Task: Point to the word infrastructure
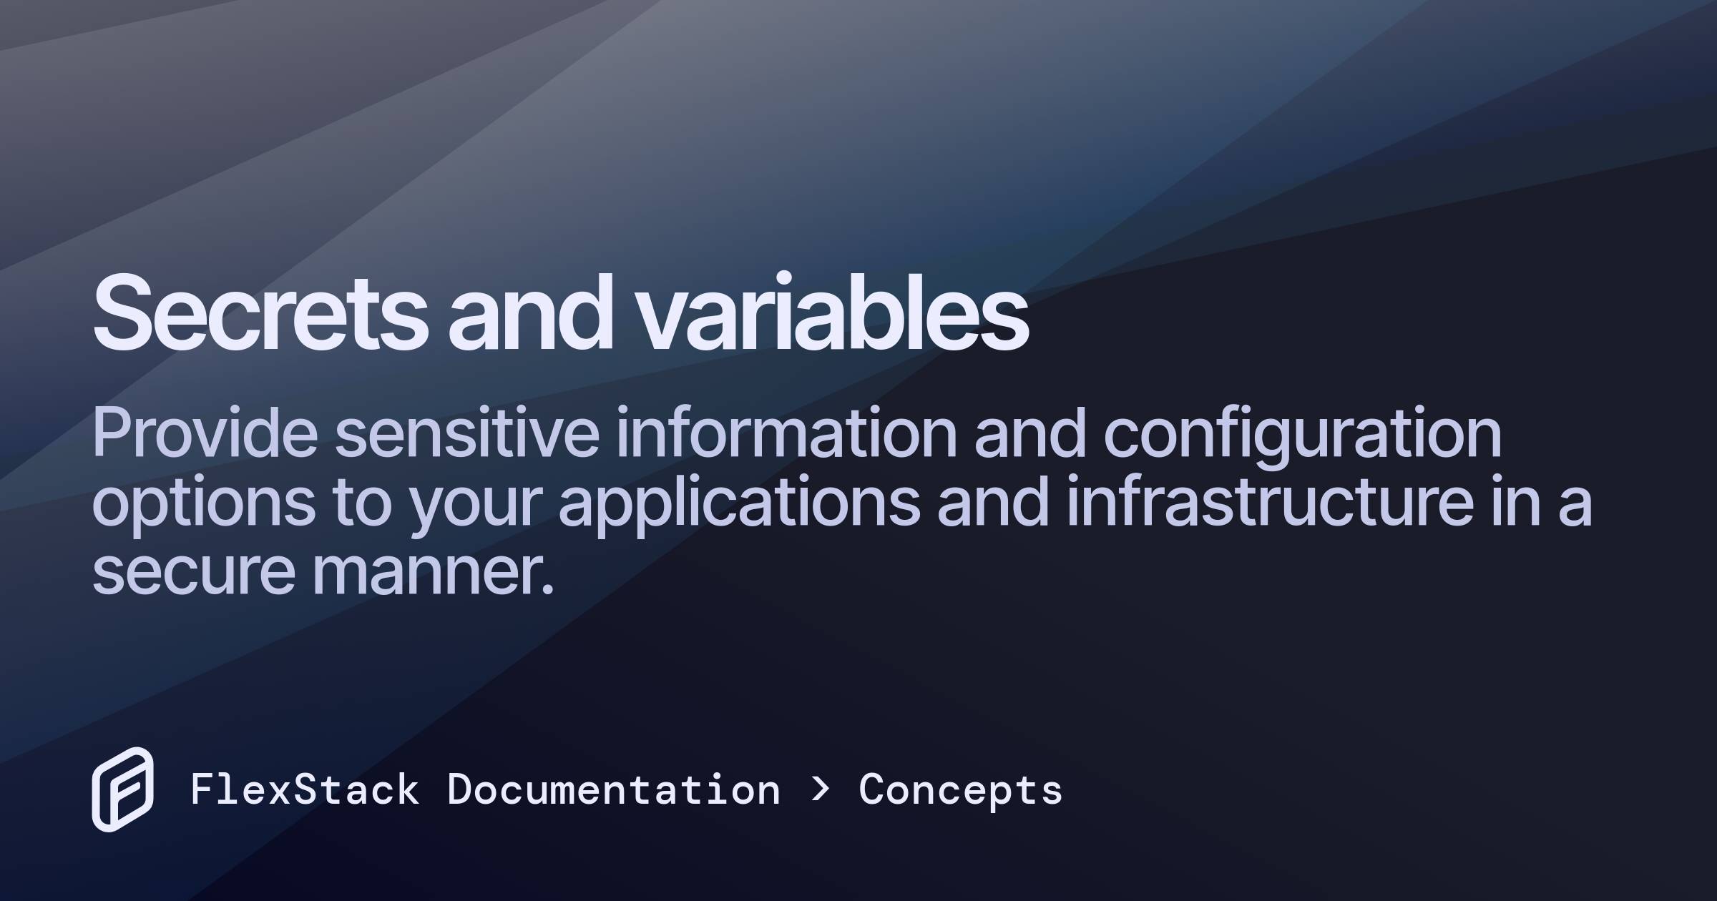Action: click(x=1270, y=501)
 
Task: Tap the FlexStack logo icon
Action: click(x=122, y=789)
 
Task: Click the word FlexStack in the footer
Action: click(x=305, y=790)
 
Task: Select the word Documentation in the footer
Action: click(x=614, y=790)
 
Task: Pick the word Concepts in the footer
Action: click(x=961, y=792)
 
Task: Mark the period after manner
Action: click(x=548, y=589)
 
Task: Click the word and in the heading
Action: click(x=530, y=312)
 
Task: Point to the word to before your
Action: click(x=362, y=503)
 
